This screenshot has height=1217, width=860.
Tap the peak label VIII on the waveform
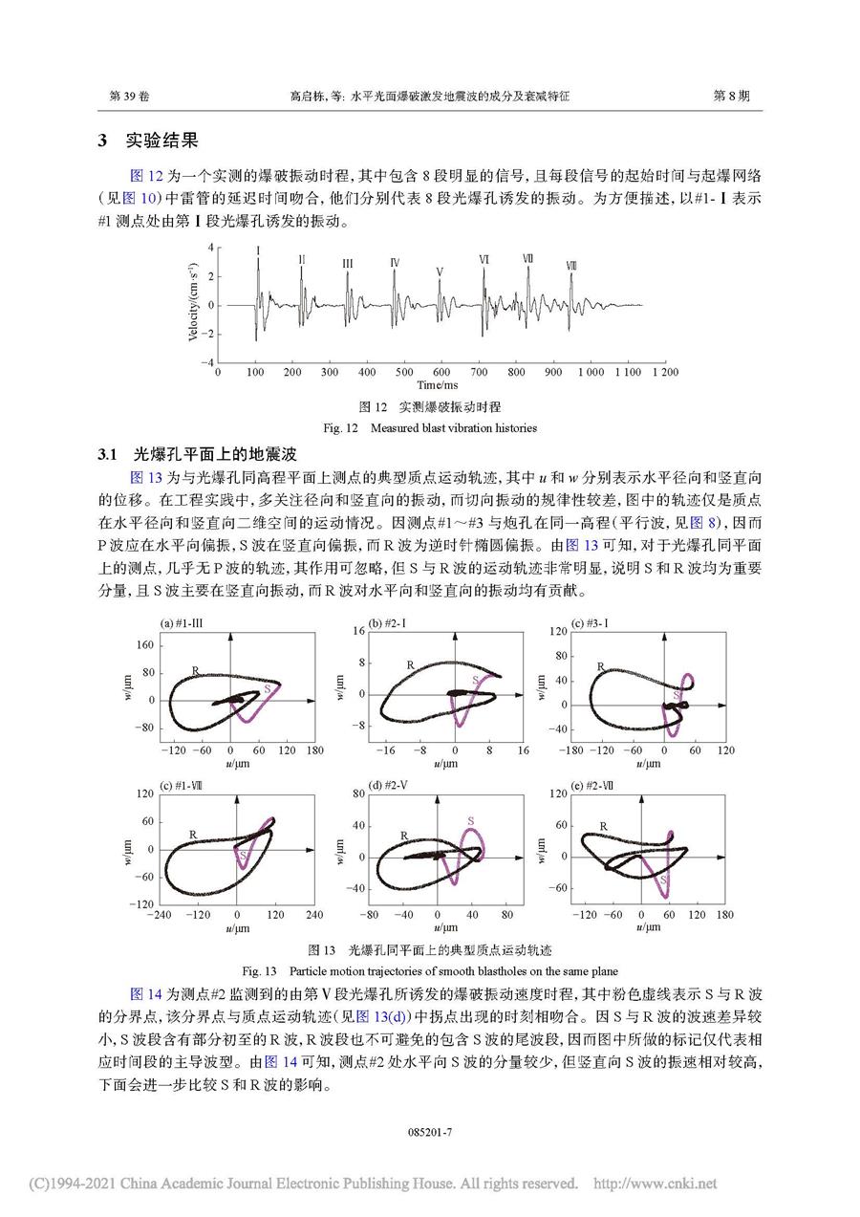point(571,265)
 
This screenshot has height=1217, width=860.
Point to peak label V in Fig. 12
point(439,272)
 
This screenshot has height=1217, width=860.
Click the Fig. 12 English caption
point(429,427)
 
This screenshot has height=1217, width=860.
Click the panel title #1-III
point(182,623)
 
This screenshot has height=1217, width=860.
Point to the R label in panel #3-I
point(601,666)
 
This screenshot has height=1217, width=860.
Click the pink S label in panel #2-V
point(471,820)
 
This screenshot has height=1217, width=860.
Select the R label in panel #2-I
point(410,664)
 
